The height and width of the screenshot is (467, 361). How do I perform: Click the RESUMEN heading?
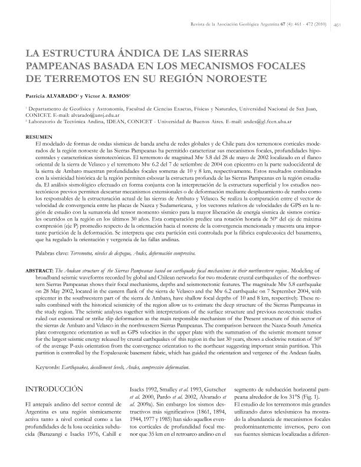tap(39, 137)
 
